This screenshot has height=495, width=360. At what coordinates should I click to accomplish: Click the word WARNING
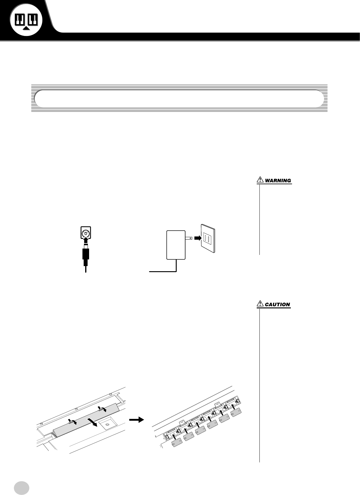point(278,181)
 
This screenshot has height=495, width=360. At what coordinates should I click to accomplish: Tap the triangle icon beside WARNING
point(260,180)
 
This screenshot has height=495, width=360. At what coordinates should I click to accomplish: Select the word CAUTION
point(278,304)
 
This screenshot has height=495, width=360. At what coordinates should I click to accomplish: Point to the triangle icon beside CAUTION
point(260,304)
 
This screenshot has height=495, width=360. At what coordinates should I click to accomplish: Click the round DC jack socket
point(86,233)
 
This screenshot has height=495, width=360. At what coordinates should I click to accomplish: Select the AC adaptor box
point(175,245)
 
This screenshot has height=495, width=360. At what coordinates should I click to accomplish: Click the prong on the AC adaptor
point(189,238)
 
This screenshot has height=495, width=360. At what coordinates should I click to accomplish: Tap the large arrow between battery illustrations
point(137,419)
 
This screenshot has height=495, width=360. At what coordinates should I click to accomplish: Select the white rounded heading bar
point(179,98)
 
